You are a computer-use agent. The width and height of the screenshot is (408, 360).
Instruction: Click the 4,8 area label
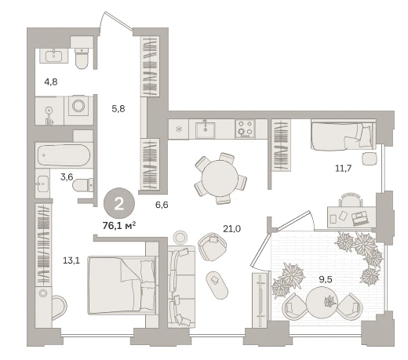(x=51, y=82)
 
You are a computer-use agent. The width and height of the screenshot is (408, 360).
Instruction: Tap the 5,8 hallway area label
(x=118, y=108)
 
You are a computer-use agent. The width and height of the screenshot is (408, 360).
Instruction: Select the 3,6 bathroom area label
(x=67, y=177)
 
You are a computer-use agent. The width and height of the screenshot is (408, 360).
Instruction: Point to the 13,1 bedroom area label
(x=71, y=260)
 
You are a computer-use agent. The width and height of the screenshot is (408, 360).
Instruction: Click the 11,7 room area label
(x=344, y=168)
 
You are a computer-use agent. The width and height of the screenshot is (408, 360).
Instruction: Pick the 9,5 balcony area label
(x=326, y=279)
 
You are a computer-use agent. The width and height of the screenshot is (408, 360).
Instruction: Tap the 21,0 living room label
(x=231, y=229)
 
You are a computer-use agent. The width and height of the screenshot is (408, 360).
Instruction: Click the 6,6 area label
(x=162, y=205)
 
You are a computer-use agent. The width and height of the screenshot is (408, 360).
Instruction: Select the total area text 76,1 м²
(x=119, y=225)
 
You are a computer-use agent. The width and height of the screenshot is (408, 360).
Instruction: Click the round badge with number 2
(x=119, y=203)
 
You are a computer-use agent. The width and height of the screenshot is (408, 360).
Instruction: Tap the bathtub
(x=64, y=155)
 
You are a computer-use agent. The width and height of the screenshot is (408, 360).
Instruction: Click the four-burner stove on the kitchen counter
(x=245, y=129)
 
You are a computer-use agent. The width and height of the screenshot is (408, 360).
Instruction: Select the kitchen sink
(x=206, y=129)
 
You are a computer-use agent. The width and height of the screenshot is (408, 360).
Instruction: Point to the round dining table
(x=220, y=178)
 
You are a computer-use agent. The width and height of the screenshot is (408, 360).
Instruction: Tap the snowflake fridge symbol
(x=179, y=129)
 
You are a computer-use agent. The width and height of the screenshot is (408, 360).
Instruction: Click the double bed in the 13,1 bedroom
(x=122, y=285)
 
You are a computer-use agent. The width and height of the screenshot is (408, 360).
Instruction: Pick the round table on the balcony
(x=322, y=302)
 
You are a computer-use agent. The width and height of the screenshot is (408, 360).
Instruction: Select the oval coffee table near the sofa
(x=217, y=285)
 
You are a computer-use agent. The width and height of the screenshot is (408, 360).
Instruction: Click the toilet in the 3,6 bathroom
(x=82, y=185)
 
